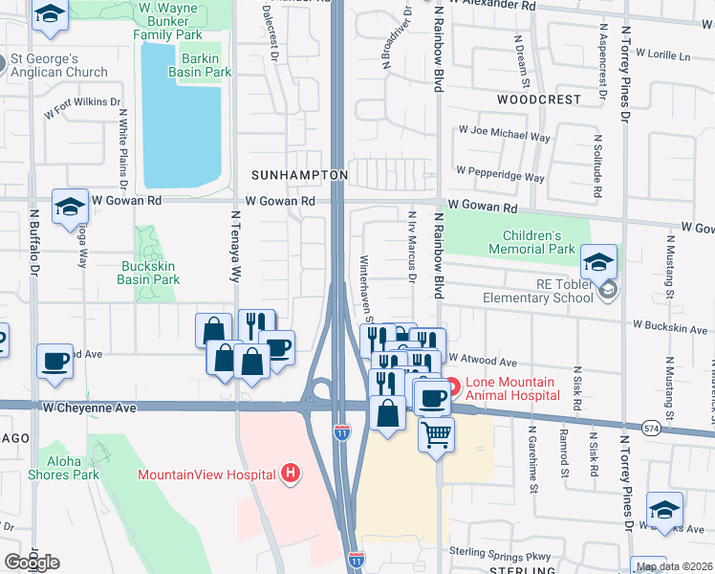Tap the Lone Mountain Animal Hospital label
click(512, 387)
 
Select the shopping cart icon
click(436, 435)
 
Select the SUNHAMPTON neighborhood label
click(299, 176)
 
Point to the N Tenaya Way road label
click(235, 247)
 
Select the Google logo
click(32, 562)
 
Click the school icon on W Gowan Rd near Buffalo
click(70, 208)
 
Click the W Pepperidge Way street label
click(500, 174)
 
